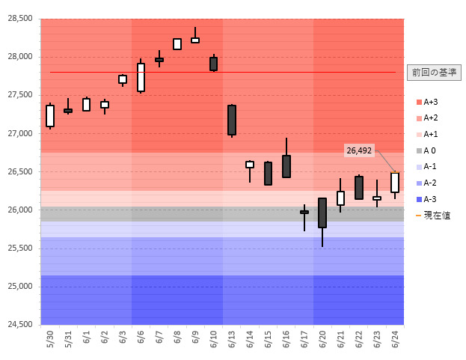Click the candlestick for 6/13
tap(232, 120)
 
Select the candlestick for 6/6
tap(141, 77)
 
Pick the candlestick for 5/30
tap(50, 116)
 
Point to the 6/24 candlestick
tap(395, 183)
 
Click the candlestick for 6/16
tap(286, 166)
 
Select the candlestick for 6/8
tap(177, 44)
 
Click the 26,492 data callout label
tap(359, 150)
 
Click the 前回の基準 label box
tap(434, 73)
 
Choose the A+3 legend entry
tap(431, 102)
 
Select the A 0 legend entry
tap(431, 150)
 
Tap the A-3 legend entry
tap(431, 199)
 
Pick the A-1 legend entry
tap(431, 167)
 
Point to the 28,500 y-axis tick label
tap(20, 19)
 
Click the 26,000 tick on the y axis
tap(20, 210)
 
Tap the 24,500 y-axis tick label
tap(20, 325)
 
